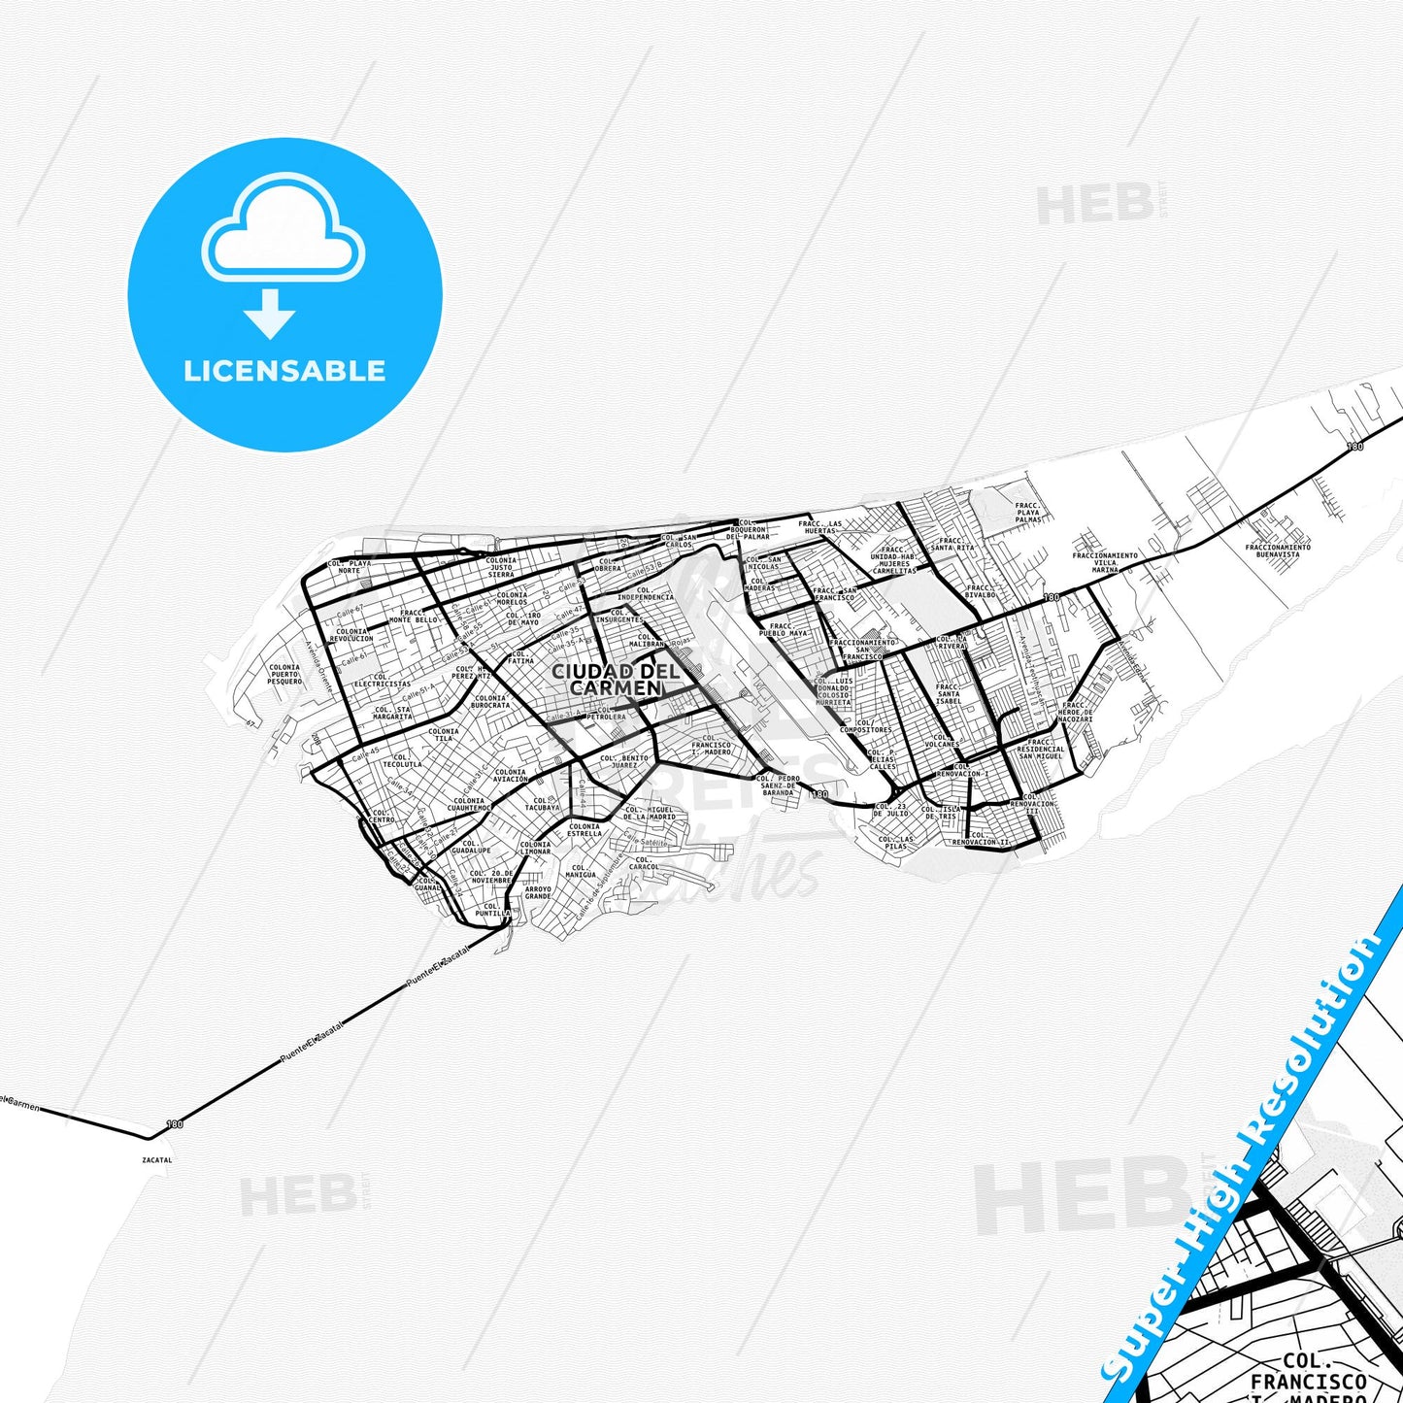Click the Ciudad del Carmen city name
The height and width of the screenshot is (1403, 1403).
click(607, 680)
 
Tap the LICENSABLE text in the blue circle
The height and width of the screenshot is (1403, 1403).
click(284, 371)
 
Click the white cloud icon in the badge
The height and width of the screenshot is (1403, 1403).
click(283, 235)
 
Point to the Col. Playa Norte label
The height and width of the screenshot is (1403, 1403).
click(349, 567)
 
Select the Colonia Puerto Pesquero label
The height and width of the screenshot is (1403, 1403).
click(284, 675)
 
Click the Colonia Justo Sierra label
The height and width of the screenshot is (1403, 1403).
click(501, 568)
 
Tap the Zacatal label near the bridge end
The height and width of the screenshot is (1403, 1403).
click(156, 1159)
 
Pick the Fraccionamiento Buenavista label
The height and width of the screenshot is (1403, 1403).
click(1278, 551)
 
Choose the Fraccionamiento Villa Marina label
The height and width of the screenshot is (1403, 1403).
click(1105, 563)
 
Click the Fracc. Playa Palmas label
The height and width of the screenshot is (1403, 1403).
click(1028, 513)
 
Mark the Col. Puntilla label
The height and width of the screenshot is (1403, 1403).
click(492, 910)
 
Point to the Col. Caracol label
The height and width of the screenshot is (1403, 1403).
click(643, 863)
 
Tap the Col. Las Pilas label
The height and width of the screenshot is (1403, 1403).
click(896, 843)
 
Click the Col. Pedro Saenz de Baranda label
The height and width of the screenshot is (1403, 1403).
click(779, 785)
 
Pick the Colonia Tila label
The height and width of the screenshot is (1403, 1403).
click(444, 735)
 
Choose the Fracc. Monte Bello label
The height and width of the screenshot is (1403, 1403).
click(414, 617)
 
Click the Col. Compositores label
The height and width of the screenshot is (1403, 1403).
click(865, 726)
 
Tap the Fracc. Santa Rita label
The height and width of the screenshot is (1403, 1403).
click(952, 545)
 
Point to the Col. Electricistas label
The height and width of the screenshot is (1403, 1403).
click(383, 680)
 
